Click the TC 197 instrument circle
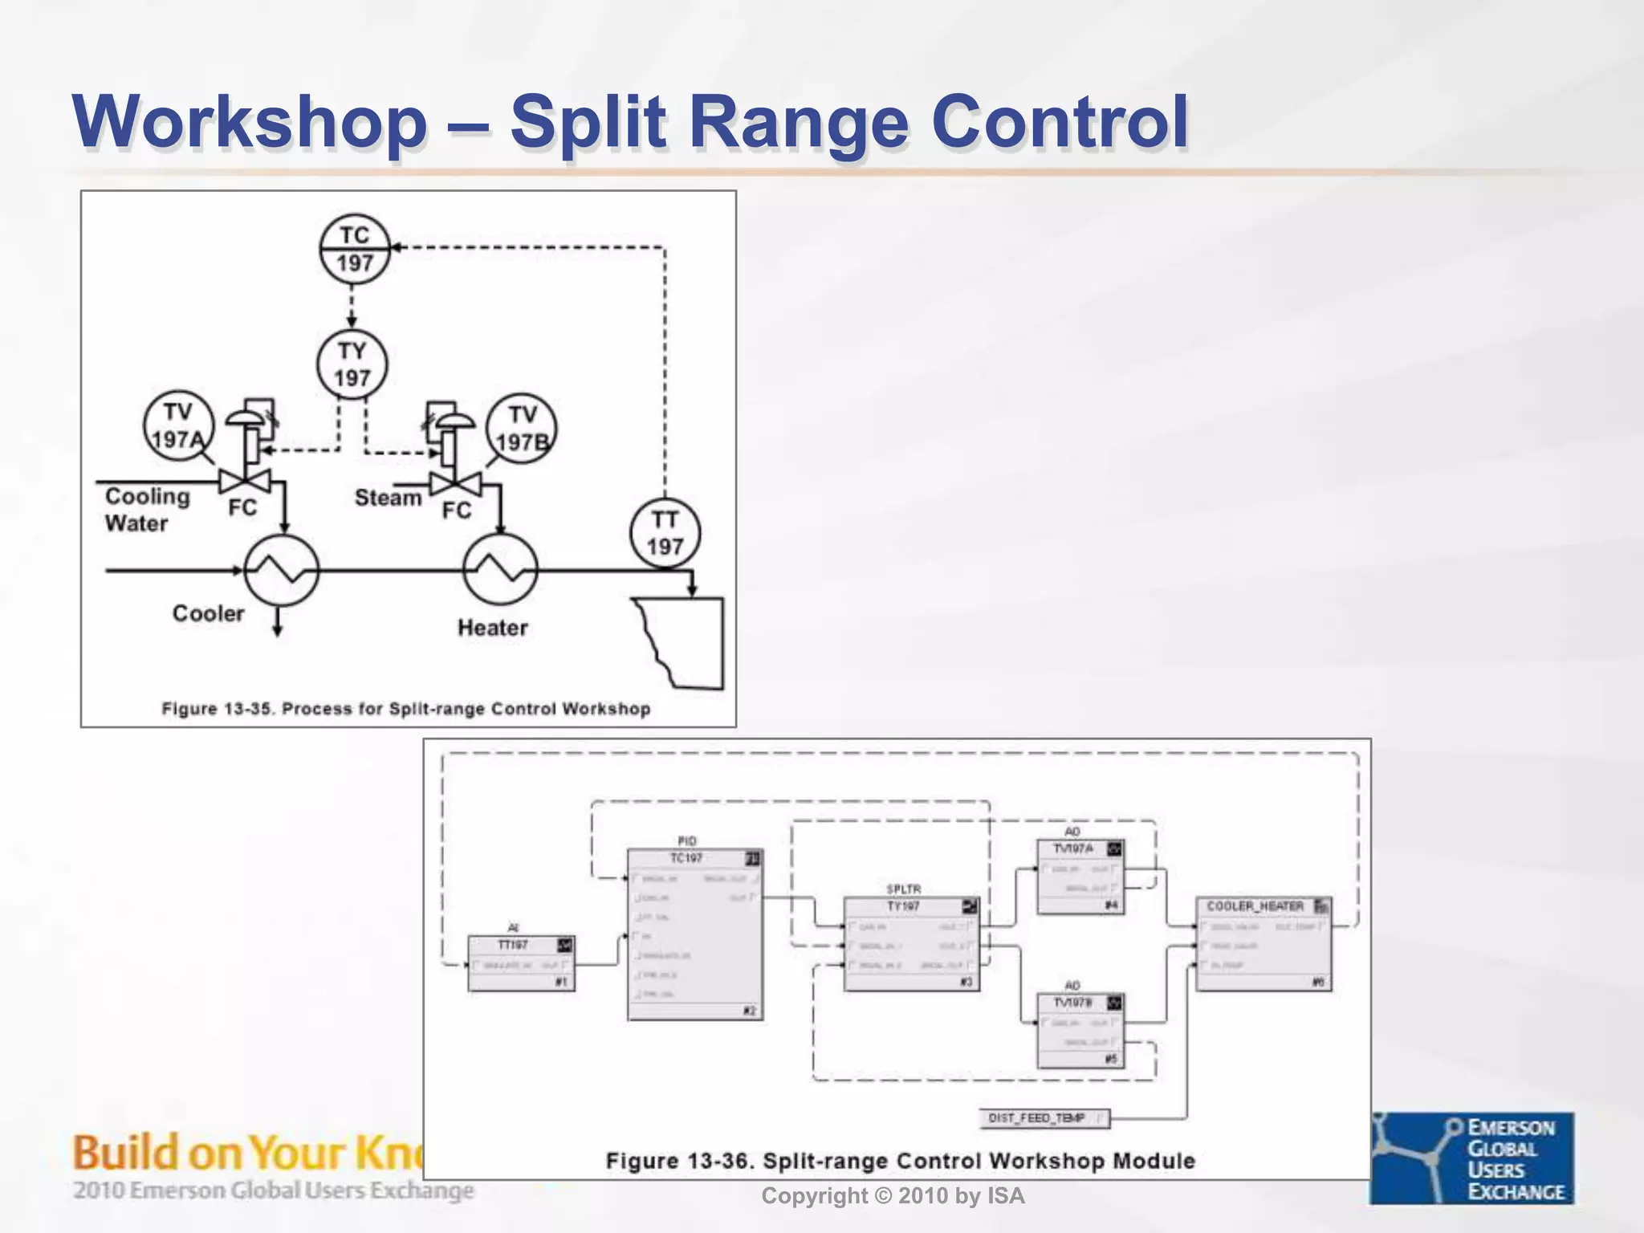(354, 250)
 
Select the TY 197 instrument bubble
(352, 365)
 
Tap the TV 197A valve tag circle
(178, 425)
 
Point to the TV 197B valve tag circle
(522, 429)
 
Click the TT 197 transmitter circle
(665, 533)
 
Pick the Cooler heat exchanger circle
(281, 571)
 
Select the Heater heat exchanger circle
(500, 571)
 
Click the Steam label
(388, 498)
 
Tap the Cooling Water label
(147, 510)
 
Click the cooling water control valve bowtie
(245, 482)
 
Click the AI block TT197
(521, 963)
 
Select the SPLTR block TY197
(911, 944)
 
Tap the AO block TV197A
(1080, 877)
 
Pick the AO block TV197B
(1080, 1031)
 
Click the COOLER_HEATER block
(1264, 944)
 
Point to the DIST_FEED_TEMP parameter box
(1044, 1118)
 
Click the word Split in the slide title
(588, 122)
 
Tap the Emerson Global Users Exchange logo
(1472, 1158)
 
